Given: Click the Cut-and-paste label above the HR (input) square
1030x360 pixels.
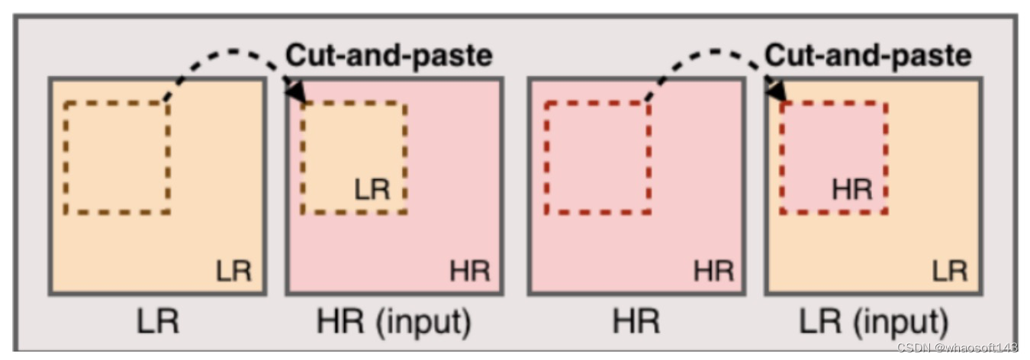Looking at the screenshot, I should (x=389, y=56).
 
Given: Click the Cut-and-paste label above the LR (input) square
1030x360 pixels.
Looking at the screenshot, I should (x=868, y=56).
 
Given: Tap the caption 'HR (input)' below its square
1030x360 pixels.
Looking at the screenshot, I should (x=393, y=323).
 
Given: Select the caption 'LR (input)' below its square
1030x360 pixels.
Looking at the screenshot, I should (x=873, y=323).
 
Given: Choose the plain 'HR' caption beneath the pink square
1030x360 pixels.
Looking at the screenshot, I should (x=637, y=323).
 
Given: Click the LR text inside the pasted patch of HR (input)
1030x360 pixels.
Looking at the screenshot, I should (x=372, y=189).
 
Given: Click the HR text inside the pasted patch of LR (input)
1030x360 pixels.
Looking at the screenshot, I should (x=851, y=189).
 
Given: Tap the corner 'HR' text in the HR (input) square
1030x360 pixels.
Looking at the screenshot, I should (x=470, y=271).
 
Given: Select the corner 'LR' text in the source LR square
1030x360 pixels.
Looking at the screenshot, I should (x=233, y=271).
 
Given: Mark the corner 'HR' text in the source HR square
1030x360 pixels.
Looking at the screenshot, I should (x=713, y=271).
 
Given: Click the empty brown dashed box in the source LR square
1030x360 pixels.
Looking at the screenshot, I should (x=117, y=157).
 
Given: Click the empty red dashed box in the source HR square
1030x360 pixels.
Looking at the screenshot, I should (x=597, y=157).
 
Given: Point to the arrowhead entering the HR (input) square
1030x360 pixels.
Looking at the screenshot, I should (x=295, y=89).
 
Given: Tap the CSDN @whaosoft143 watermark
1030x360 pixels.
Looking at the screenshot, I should (x=957, y=348).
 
